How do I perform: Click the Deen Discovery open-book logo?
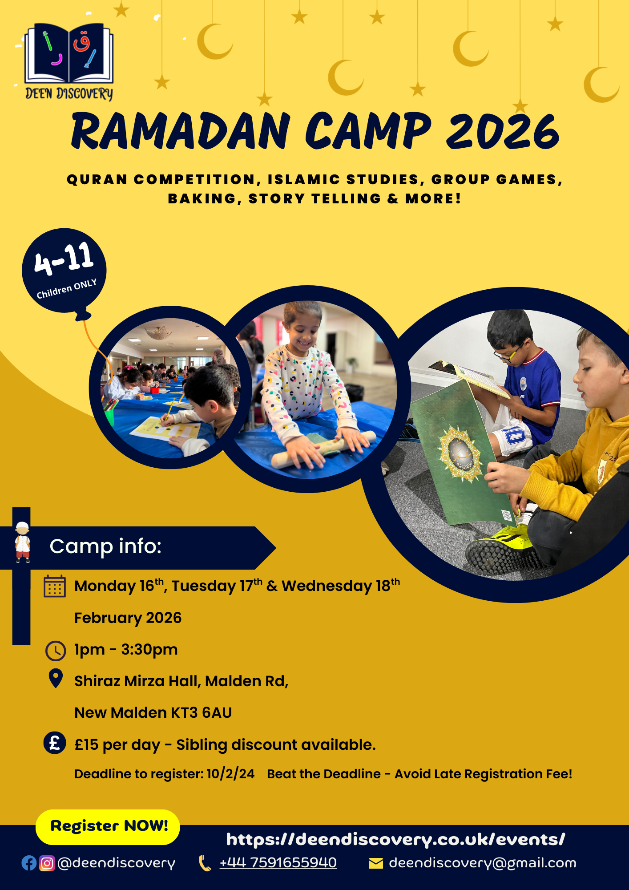[69, 61]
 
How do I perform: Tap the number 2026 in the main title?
[502, 131]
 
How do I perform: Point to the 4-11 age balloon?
[64, 271]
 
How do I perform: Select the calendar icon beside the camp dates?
[55, 586]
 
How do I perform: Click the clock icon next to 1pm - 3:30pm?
[56, 651]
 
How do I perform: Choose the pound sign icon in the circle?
[55, 743]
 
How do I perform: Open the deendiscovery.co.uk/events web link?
[395, 840]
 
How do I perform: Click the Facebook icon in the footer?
[29, 863]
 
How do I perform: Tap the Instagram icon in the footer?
[47, 863]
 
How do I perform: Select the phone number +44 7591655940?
[278, 862]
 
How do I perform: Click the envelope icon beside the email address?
[376, 863]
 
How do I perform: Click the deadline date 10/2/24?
[230, 774]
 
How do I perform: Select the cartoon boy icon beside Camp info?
[23, 542]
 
